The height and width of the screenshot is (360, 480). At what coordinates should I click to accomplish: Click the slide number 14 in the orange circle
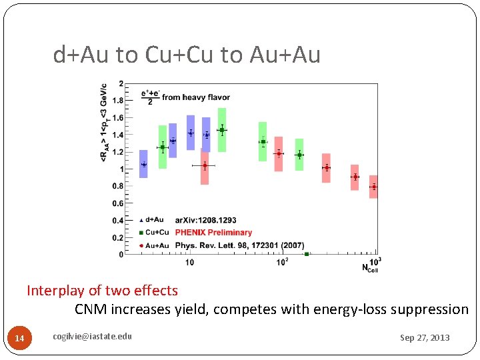coord(19,339)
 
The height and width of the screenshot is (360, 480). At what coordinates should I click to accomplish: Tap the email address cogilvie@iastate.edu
coord(92,336)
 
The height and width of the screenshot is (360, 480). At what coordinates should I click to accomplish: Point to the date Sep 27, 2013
coord(425,337)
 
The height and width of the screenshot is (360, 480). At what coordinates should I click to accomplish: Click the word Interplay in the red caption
coord(53,291)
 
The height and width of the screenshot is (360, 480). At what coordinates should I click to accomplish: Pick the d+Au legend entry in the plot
coord(153,220)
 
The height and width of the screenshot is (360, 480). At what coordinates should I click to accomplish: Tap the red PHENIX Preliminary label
coord(213,233)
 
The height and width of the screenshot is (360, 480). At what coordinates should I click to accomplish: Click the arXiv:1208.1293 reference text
coord(205,220)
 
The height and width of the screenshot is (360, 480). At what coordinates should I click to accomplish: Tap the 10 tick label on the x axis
coord(190,262)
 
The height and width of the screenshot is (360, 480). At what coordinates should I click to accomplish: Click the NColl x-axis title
coord(370,267)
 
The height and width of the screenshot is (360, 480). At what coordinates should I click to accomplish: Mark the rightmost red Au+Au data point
coord(373,187)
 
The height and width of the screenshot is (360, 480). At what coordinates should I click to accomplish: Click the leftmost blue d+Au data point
coord(143,164)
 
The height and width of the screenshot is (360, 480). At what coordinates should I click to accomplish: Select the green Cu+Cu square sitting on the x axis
coord(306,254)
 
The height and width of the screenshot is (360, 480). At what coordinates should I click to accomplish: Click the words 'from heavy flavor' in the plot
coord(189,97)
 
